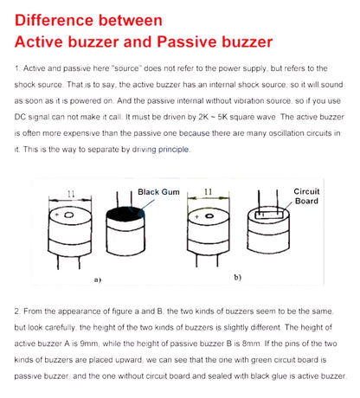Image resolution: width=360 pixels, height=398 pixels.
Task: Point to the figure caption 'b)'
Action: point(237,277)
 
